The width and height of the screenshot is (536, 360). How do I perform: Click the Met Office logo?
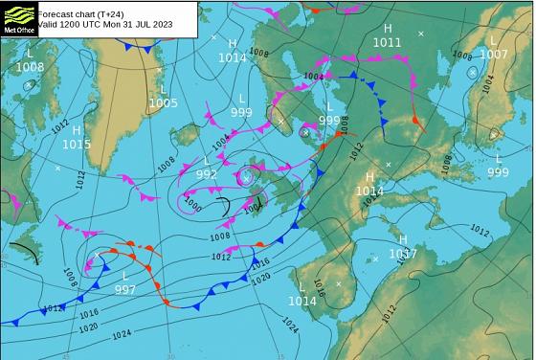19,18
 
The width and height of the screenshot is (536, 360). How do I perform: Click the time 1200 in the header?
69,26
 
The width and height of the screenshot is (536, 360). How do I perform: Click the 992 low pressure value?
206,174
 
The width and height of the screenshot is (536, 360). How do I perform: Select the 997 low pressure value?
125,289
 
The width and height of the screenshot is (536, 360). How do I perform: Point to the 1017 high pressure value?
403,254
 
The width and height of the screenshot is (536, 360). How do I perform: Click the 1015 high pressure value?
77,145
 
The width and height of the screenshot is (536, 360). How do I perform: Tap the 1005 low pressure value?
164,102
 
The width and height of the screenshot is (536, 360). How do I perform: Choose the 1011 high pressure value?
388,43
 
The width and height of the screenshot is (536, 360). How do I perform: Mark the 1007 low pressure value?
494,54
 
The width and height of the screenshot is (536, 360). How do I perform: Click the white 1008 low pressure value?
30,67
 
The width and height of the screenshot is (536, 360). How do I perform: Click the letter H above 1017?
403,239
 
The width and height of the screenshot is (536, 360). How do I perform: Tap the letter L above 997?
125,276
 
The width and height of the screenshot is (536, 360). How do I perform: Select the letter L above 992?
206,161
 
